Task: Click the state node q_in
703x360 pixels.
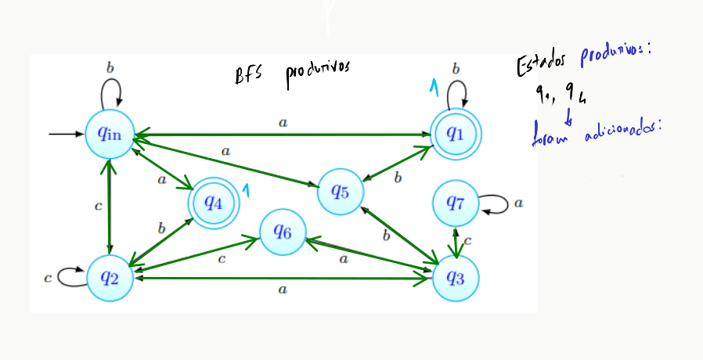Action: [x=110, y=134]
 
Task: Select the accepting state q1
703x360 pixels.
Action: [x=456, y=134]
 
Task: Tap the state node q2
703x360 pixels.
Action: [x=110, y=277]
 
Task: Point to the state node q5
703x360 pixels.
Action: [x=341, y=190]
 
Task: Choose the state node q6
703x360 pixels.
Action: [x=283, y=232]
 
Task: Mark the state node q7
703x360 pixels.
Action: [x=456, y=203]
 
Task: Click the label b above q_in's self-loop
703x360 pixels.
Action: [x=110, y=68]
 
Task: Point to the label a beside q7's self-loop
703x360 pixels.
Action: [x=519, y=204]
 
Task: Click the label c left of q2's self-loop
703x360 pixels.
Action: [x=49, y=276]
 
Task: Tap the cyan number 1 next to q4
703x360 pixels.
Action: [x=245, y=191]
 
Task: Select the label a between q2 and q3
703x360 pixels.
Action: [x=283, y=290]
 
